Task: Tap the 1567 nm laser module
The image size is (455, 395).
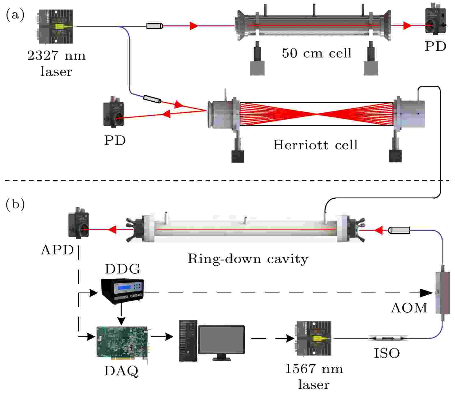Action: click(313, 338)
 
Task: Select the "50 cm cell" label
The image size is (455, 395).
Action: click(317, 53)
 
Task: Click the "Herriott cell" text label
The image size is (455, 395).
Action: click(315, 144)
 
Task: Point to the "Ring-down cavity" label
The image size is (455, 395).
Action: click(248, 259)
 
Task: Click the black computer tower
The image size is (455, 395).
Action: click(188, 340)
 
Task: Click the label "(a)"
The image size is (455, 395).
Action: click(15, 15)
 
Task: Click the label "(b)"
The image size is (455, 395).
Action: click(15, 204)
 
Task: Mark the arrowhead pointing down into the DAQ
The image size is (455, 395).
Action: click(122, 321)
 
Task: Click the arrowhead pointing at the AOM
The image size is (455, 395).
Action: click(427, 293)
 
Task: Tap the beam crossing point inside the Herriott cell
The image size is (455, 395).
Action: click(317, 114)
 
